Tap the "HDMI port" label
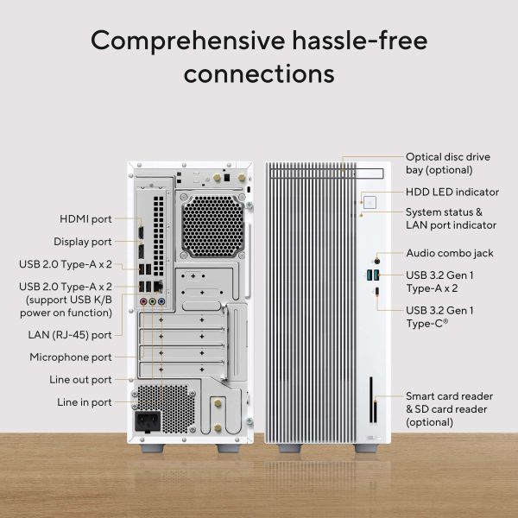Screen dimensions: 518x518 (x=85, y=218)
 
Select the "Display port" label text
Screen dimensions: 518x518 (x=83, y=242)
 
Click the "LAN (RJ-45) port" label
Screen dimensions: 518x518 (x=70, y=334)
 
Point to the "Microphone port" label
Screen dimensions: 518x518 (x=71, y=357)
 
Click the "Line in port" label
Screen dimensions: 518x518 (x=85, y=401)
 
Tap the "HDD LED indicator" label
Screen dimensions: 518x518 (x=452, y=192)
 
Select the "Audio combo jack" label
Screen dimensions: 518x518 (x=450, y=254)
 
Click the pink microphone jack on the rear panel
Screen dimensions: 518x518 (x=143, y=302)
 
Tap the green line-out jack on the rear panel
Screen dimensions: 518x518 (x=153, y=302)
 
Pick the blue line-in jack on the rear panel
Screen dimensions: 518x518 (x=162, y=302)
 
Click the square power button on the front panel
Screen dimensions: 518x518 (x=370, y=201)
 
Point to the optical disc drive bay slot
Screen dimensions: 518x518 (x=345, y=169)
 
